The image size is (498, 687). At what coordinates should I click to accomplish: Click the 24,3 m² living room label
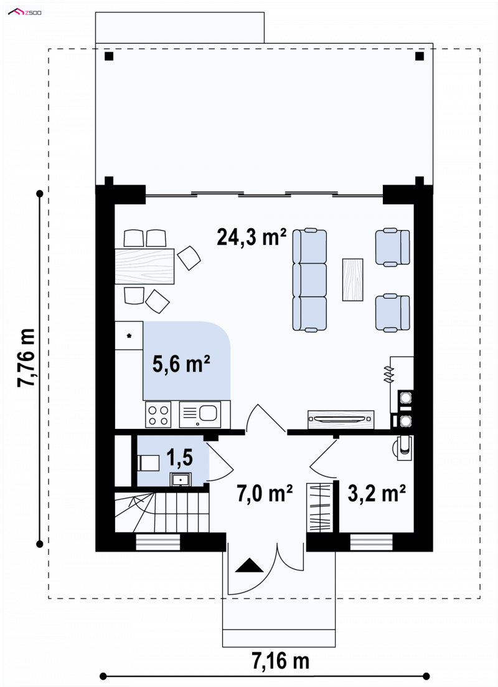pyautogui.click(x=251, y=237)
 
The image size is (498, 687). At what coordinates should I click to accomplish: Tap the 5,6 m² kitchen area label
pyautogui.click(x=181, y=363)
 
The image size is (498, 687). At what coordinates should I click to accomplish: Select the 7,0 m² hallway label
pyautogui.click(x=265, y=493)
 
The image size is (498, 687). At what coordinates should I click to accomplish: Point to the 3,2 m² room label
pyautogui.click(x=377, y=493)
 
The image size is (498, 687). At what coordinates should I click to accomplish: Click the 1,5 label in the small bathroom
pyautogui.click(x=179, y=458)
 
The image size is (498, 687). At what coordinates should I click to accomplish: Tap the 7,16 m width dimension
pyautogui.click(x=280, y=661)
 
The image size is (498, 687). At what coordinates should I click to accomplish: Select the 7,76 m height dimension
pyautogui.click(x=26, y=357)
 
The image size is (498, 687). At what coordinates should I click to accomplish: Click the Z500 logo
pyautogui.click(x=25, y=12)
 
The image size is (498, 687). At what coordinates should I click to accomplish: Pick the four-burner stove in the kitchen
pyautogui.click(x=158, y=415)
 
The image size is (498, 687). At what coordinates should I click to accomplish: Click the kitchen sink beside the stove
pyautogui.click(x=200, y=415)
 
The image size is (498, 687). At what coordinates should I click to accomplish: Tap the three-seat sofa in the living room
pyautogui.click(x=310, y=280)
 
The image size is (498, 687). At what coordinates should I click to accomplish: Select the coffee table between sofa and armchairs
pyautogui.click(x=353, y=279)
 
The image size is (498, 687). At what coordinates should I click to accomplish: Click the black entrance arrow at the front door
pyautogui.click(x=250, y=565)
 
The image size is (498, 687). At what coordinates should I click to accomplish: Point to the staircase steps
pyautogui.click(x=161, y=512)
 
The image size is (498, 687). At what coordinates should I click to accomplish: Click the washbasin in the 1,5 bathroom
pyautogui.click(x=180, y=480)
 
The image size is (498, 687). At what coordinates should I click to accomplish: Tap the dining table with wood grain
pyautogui.click(x=144, y=266)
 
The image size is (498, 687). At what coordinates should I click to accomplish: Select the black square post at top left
pyautogui.click(x=109, y=56)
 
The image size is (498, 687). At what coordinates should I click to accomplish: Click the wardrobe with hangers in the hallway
pyautogui.click(x=319, y=507)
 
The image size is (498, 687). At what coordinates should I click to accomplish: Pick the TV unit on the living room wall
pyautogui.click(x=341, y=420)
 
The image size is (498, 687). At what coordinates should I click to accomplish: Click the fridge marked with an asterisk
pyautogui.click(x=129, y=335)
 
